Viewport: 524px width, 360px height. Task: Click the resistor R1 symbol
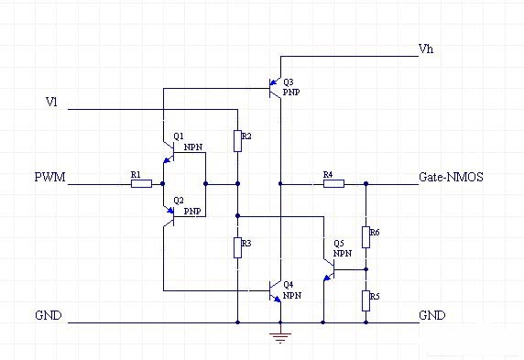point(141,184)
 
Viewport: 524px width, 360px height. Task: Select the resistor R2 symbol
point(237,140)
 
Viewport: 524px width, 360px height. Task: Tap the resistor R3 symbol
point(237,247)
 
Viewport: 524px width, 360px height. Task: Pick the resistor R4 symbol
point(333,184)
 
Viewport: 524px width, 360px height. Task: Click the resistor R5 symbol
point(366,300)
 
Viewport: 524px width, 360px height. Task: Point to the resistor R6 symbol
point(366,237)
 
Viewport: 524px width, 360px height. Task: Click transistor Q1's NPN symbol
point(169,153)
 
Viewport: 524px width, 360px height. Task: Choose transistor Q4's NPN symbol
point(275,291)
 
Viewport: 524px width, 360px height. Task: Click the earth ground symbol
point(280,336)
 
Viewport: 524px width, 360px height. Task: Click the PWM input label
point(49,177)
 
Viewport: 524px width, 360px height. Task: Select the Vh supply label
point(425,49)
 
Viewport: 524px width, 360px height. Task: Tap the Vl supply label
point(52,103)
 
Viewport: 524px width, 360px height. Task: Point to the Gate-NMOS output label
point(451,177)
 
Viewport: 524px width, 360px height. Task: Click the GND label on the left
point(49,315)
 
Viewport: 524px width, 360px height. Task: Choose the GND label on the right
point(431,315)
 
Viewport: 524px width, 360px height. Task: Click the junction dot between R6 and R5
point(366,269)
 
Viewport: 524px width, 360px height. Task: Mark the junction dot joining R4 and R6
point(366,184)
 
